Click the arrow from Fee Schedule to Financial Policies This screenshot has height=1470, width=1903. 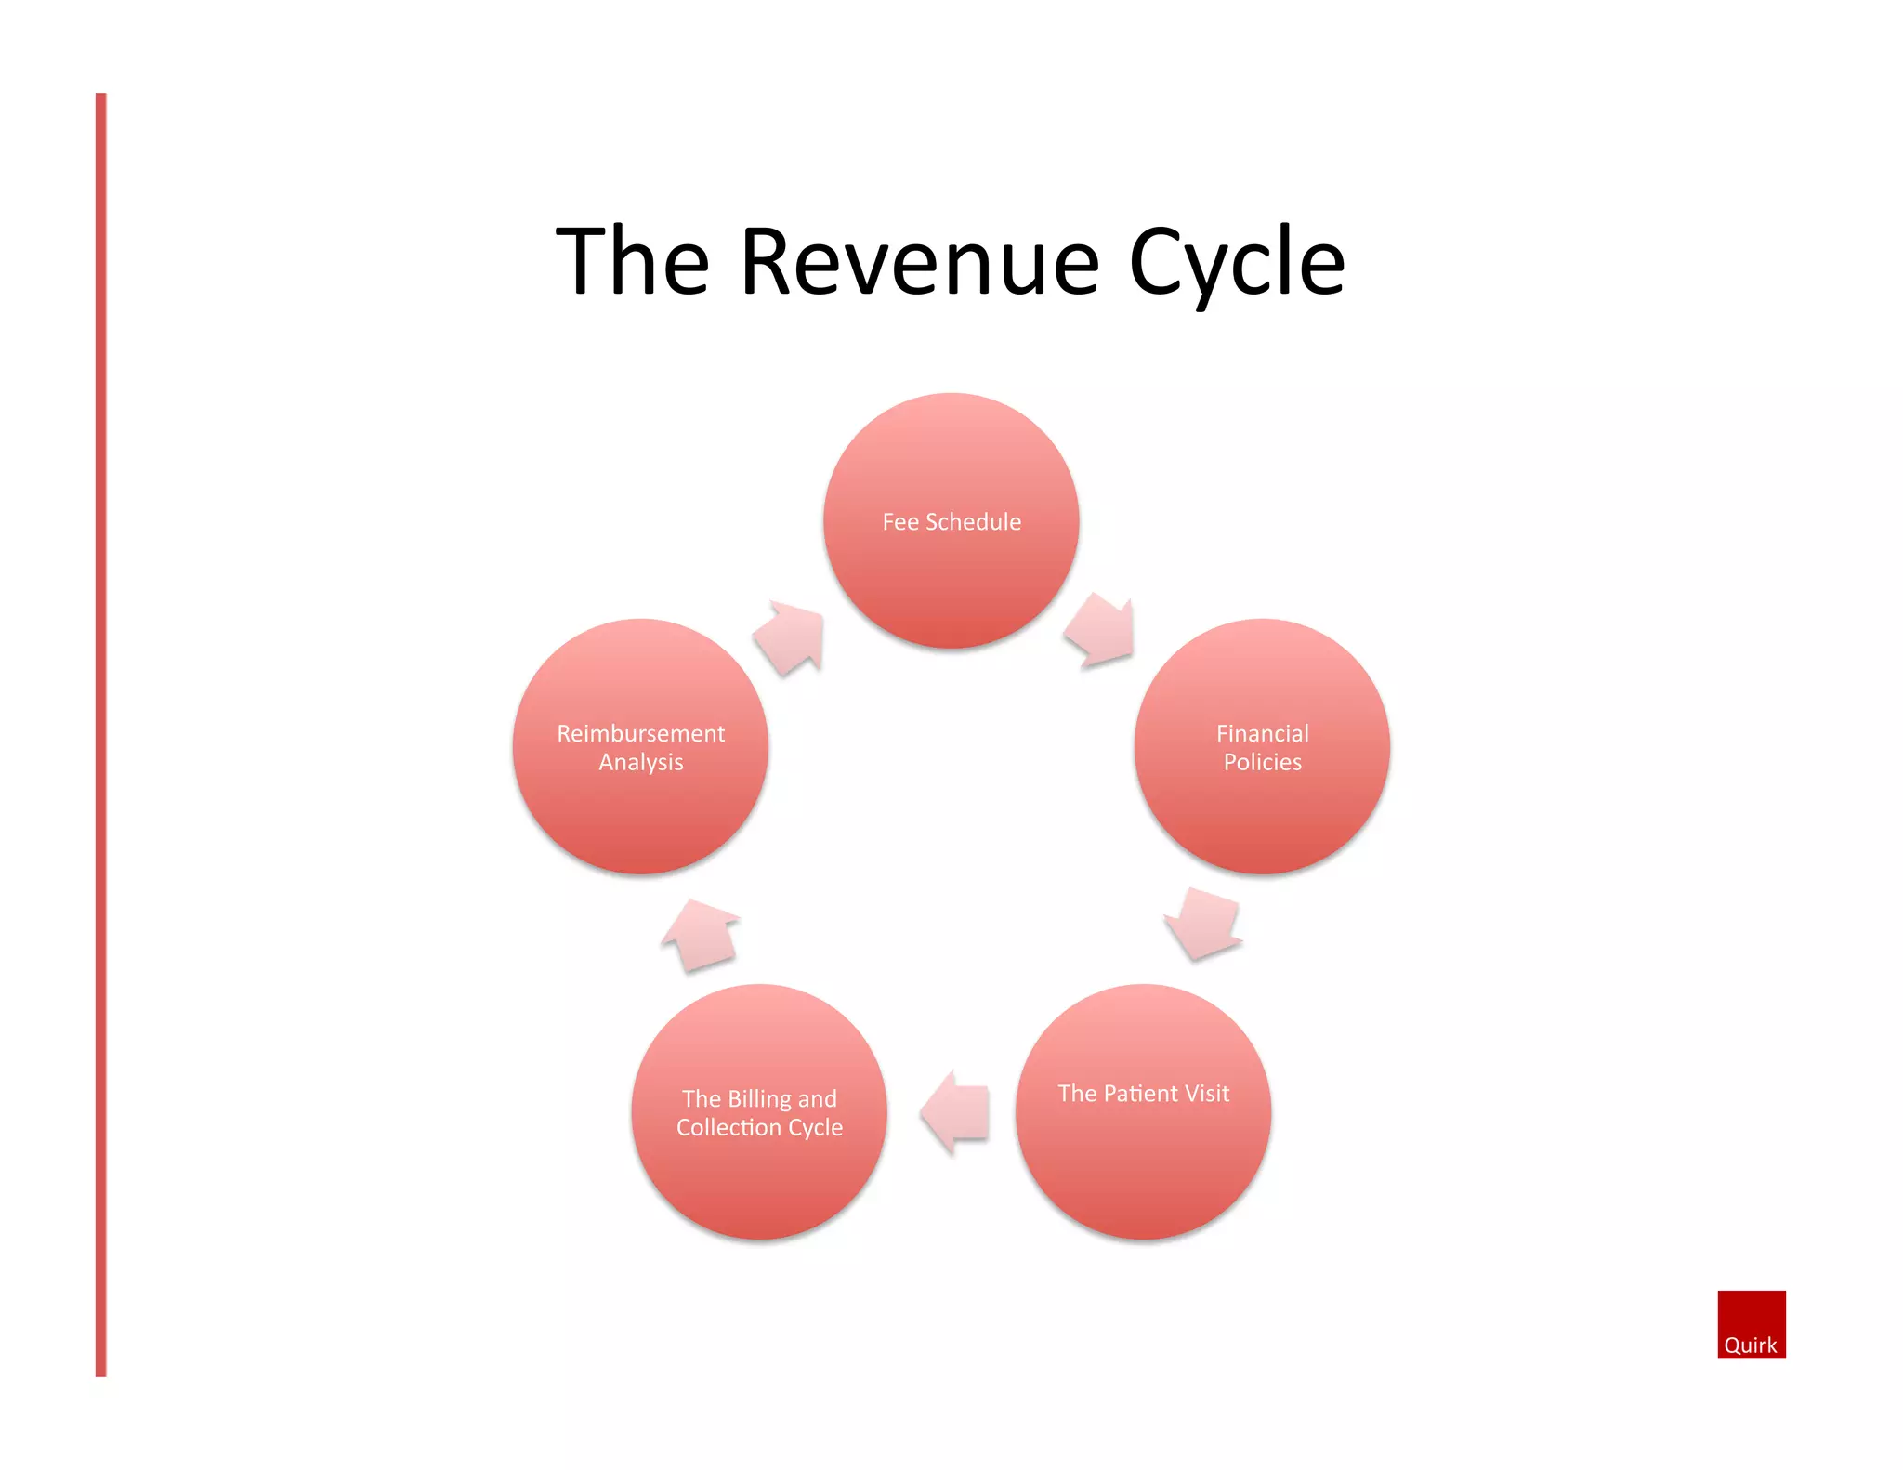1101,630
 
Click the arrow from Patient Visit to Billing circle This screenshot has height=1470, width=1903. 955,1111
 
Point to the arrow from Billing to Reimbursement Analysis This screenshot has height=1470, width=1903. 702,934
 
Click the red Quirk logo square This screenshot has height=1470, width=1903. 1751,1315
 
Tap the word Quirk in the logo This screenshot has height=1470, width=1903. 1750,1345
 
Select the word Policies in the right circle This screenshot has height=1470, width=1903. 1262,762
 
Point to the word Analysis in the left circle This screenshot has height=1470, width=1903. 640,762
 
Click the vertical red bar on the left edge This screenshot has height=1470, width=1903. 100,734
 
